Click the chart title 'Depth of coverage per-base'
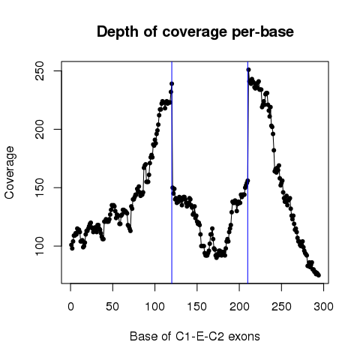click(195, 32)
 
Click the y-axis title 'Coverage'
click(10, 172)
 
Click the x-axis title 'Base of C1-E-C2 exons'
click(195, 336)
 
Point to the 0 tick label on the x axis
click(70, 307)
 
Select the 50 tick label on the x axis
click(112, 307)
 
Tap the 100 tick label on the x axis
click(154, 307)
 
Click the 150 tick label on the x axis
click(197, 307)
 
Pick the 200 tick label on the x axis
click(239, 307)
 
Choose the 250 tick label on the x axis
click(281, 307)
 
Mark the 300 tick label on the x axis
click(323, 307)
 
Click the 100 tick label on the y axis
click(40, 246)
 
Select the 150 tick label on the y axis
click(40, 187)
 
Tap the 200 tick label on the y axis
click(40, 129)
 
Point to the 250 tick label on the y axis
click(40, 71)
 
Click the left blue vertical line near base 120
click(172, 172)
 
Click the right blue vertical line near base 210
click(247, 172)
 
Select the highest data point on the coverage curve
click(248, 70)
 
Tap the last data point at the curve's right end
click(319, 275)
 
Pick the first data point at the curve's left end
click(71, 245)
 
